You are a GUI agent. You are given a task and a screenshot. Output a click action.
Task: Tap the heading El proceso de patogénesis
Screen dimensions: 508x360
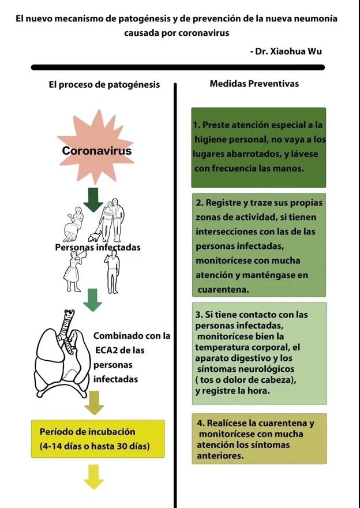click(x=104, y=85)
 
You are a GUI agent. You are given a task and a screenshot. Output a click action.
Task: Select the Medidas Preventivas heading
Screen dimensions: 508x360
click(x=254, y=84)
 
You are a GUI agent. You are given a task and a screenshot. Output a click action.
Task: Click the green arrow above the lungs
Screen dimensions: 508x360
click(x=93, y=298)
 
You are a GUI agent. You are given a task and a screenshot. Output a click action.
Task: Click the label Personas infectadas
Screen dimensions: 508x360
click(x=97, y=248)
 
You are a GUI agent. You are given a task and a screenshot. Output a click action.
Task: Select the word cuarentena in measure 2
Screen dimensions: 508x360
click(x=223, y=289)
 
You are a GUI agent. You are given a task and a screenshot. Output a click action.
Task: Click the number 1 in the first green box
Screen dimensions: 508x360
click(x=196, y=125)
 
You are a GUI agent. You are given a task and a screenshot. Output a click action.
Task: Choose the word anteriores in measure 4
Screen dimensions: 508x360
click(x=220, y=456)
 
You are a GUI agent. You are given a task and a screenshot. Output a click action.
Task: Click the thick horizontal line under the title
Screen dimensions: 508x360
click(x=179, y=67)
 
